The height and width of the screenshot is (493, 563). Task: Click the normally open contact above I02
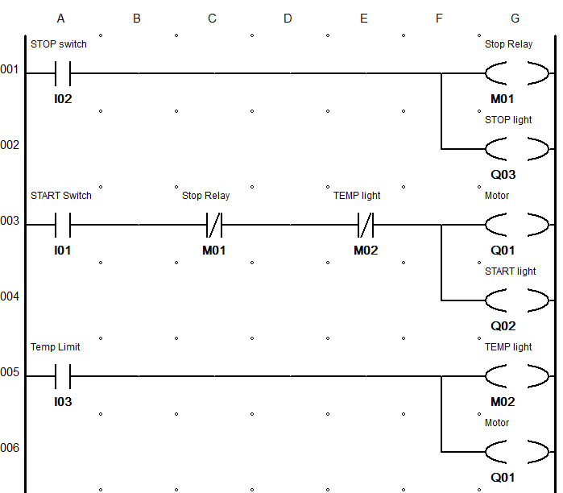click(62, 73)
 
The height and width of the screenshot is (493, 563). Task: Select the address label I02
click(62, 99)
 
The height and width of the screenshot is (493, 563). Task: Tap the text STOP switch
click(58, 44)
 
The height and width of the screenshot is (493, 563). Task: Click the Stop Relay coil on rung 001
click(516, 73)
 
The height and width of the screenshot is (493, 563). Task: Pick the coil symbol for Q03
click(516, 149)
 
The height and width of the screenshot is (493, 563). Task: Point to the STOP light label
click(508, 120)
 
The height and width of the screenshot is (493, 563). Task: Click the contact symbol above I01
click(62, 225)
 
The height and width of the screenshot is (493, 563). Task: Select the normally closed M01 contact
click(213, 225)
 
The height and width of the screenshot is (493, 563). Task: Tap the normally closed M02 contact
click(365, 225)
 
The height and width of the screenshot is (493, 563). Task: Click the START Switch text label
click(61, 196)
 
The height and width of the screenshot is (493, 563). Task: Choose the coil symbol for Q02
click(516, 300)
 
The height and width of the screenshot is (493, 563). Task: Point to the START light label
click(510, 271)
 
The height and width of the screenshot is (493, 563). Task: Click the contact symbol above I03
click(62, 376)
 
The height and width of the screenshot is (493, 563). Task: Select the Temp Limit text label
click(56, 347)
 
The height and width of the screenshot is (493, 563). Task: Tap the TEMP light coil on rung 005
click(516, 376)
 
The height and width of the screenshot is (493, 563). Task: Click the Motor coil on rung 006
click(516, 452)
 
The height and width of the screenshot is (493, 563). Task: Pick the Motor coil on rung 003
click(516, 225)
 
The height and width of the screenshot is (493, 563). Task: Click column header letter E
click(363, 19)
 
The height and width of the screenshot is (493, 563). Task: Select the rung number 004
click(10, 296)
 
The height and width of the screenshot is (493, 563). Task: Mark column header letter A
click(61, 19)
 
